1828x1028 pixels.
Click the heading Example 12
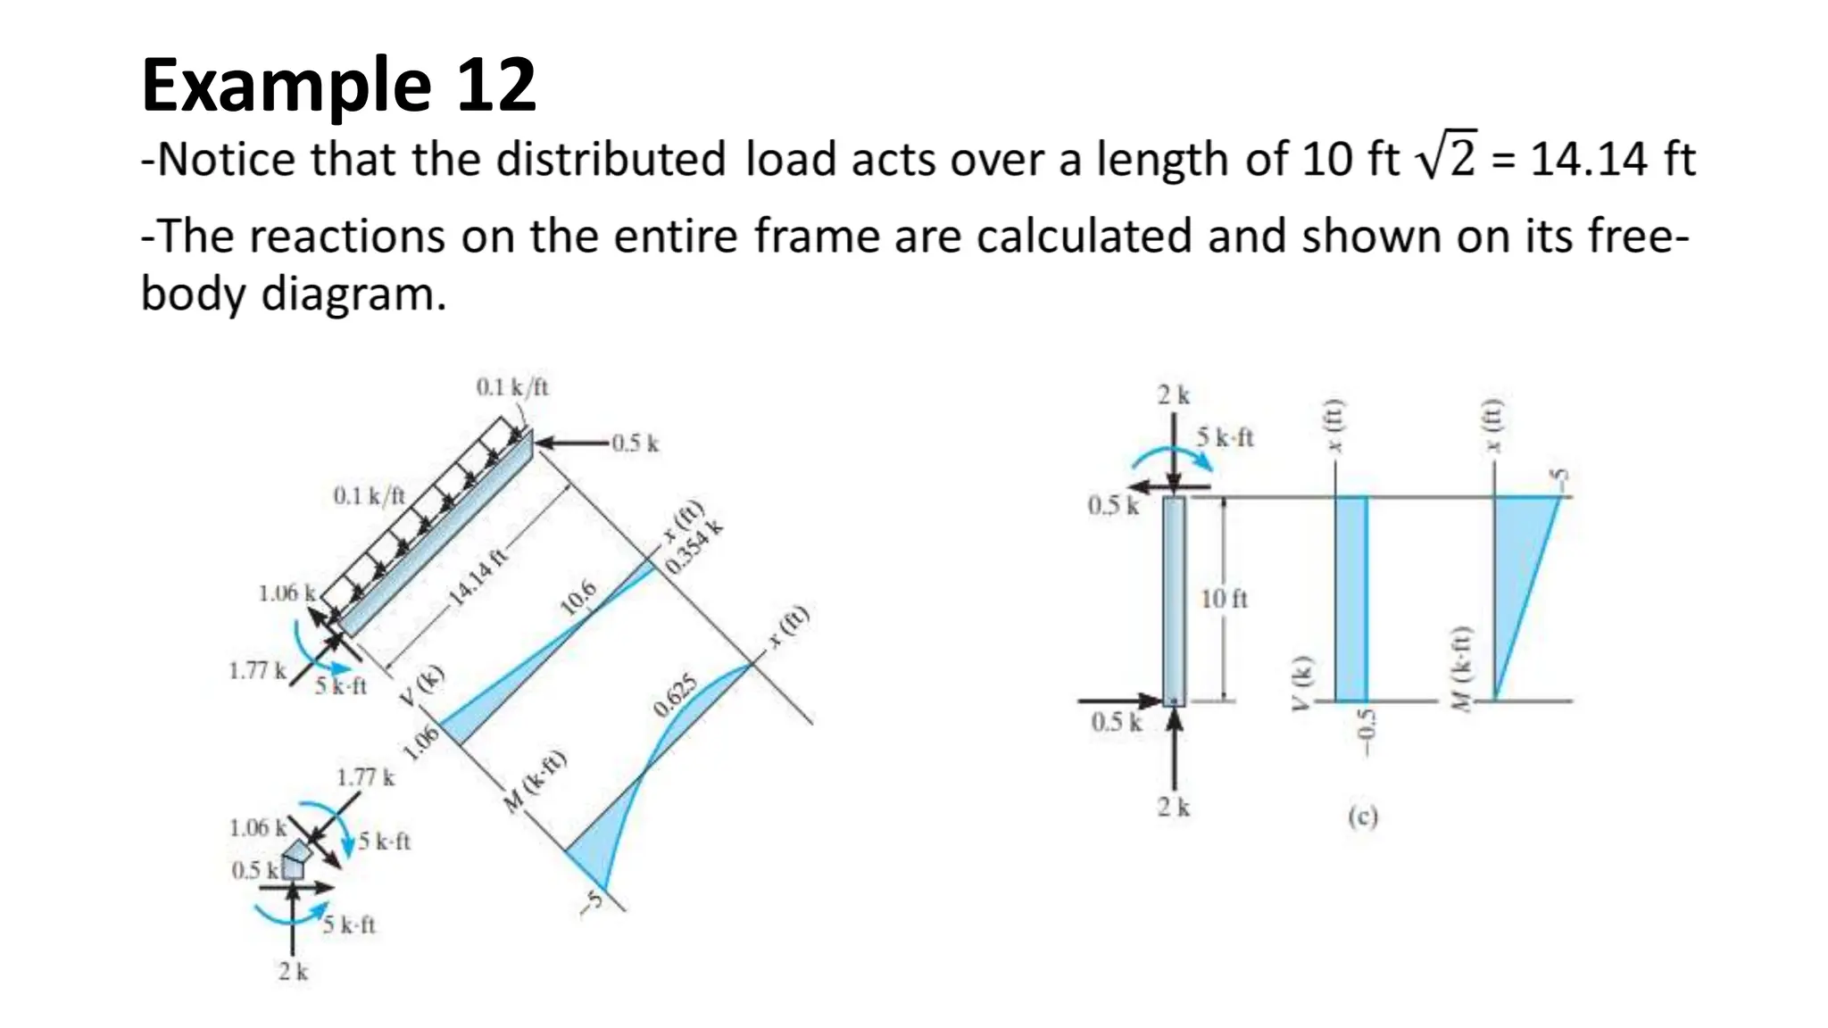[338, 85]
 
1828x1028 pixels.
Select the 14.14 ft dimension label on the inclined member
[478, 576]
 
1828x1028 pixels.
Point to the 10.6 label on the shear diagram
[577, 596]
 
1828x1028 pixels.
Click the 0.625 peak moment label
[676, 697]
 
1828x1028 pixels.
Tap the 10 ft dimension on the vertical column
[1224, 599]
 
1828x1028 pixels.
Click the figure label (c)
[1362, 816]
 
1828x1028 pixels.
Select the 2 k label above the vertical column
[1173, 394]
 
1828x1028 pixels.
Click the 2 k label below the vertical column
[1173, 807]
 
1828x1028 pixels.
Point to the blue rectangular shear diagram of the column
[1350, 598]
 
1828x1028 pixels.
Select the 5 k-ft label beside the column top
[1225, 437]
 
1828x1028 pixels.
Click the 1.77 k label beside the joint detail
[365, 777]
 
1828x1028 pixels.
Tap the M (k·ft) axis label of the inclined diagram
[535, 782]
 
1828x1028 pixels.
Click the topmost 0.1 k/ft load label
[512, 386]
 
